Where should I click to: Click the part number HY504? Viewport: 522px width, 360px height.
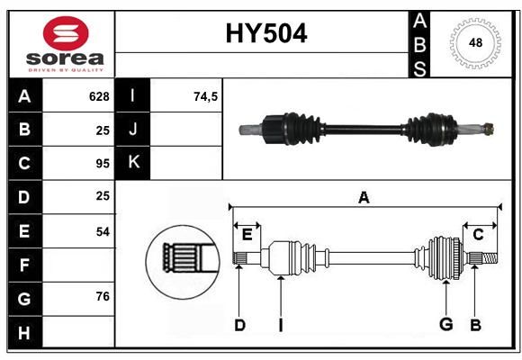click(266, 33)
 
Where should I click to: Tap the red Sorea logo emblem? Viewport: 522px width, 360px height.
click(66, 33)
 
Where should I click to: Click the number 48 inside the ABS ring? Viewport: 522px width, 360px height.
click(475, 42)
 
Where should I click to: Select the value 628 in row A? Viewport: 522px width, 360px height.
click(99, 96)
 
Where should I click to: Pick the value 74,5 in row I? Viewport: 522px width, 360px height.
click(206, 96)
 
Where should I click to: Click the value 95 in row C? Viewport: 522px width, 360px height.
click(103, 164)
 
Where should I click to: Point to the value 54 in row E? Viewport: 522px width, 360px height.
click(103, 232)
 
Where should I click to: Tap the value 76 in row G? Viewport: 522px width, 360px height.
click(103, 296)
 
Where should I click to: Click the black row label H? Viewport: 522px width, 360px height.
click(25, 332)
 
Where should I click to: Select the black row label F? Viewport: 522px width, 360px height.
click(25, 265)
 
